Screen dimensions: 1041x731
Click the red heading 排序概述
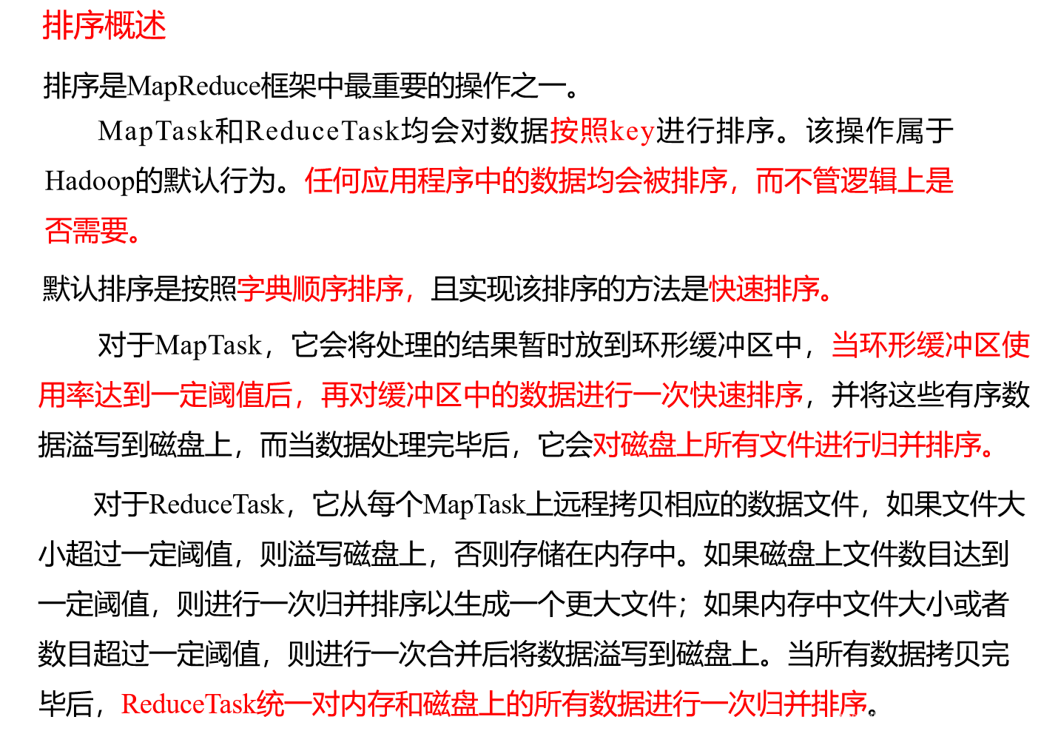[x=104, y=27]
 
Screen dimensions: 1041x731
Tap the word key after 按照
[x=632, y=132]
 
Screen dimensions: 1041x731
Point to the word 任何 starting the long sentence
[x=332, y=181]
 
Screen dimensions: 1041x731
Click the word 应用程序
[x=416, y=181]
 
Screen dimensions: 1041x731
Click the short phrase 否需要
[x=87, y=231]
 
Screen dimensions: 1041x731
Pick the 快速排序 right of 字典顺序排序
[x=765, y=289]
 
